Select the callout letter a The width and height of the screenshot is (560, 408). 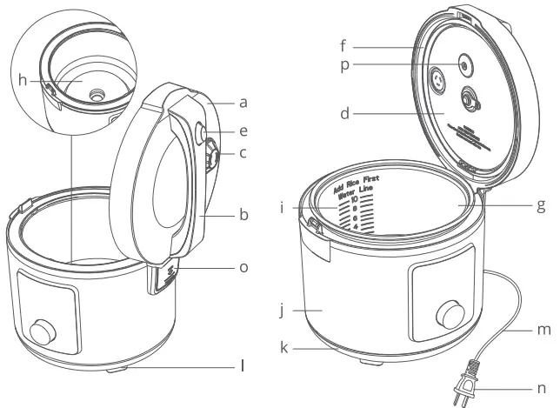pos(244,102)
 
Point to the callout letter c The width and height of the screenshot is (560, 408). pos(244,154)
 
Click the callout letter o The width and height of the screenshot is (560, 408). pos(244,267)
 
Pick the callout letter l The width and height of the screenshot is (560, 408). pos(243,366)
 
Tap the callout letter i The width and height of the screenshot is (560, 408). pos(283,209)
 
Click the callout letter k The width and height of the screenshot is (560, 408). pos(283,348)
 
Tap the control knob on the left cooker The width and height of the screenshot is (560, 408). pos(41,332)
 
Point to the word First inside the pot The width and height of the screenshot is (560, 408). pos(378,181)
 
